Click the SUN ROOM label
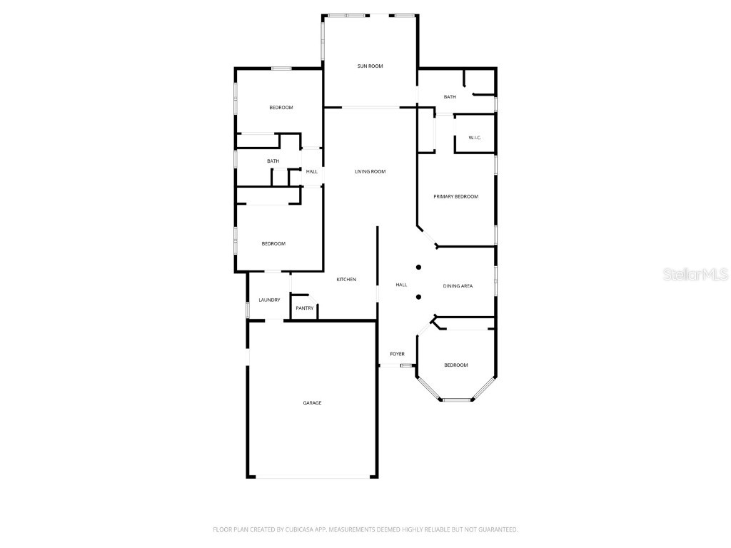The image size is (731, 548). click(x=370, y=66)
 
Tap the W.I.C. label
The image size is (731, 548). click(x=475, y=137)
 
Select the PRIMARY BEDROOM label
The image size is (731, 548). click(x=455, y=196)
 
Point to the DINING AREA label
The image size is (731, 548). click(x=458, y=286)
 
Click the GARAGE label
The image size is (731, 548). click(x=312, y=403)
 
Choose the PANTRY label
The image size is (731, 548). click(x=305, y=308)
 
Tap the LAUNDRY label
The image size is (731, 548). click(x=269, y=300)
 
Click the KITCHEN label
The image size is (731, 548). click(x=346, y=279)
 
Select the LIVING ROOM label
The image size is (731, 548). click(x=370, y=171)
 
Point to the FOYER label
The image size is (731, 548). click(x=397, y=354)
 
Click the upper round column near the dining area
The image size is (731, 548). click(x=419, y=268)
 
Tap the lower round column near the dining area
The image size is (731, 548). click(x=419, y=297)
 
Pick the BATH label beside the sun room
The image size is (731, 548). click(x=450, y=97)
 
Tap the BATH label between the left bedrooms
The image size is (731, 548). click(x=273, y=161)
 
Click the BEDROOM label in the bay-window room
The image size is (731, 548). click(x=455, y=365)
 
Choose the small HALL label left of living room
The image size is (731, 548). click(x=312, y=171)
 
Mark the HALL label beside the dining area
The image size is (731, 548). click(x=401, y=285)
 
